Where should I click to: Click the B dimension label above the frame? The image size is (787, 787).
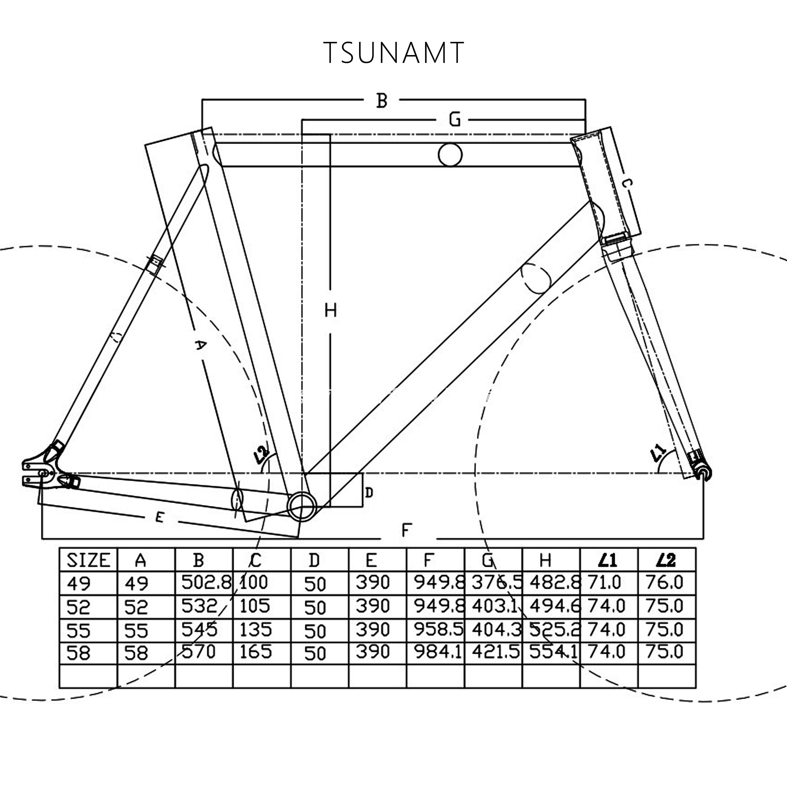[381, 101]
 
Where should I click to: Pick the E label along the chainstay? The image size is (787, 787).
[160, 517]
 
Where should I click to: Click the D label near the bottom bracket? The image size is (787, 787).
[369, 493]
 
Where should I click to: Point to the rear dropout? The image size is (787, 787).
[39, 473]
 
